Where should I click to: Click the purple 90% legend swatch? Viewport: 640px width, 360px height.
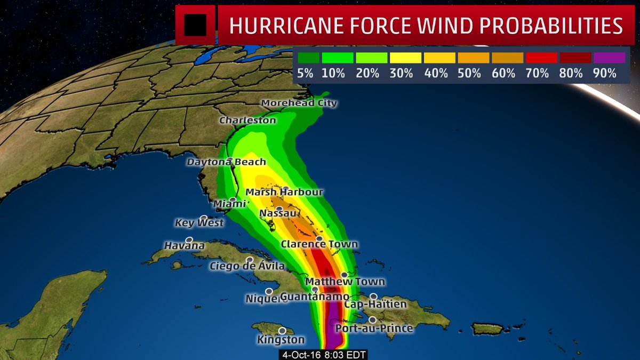(608, 58)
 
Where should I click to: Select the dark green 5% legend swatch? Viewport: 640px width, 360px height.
(308, 58)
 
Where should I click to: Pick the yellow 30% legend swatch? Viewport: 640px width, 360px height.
(405, 58)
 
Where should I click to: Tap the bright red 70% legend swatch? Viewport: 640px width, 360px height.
(541, 58)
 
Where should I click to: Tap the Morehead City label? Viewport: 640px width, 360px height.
(299, 103)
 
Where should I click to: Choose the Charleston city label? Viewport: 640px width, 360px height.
(247, 121)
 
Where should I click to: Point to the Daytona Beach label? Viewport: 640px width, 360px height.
(226, 162)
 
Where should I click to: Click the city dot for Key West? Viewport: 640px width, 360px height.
(204, 218)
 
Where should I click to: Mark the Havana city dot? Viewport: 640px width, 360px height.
(189, 241)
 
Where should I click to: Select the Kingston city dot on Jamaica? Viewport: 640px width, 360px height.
(282, 331)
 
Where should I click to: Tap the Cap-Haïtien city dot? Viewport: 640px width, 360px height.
(374, 297)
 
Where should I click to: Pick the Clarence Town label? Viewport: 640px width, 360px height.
(319, 244)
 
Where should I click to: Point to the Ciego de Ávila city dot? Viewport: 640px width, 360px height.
(249, 260)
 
